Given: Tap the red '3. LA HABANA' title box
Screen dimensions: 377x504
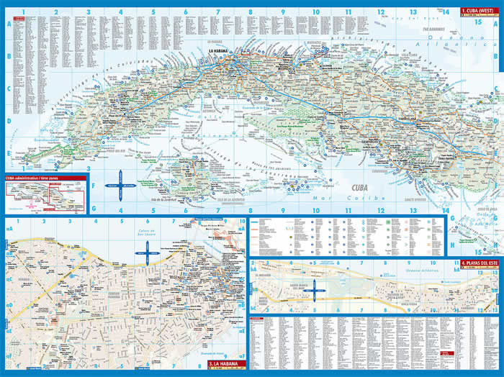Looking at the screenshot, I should coord(224,363).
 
